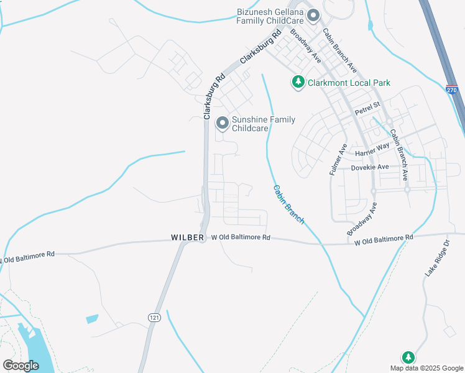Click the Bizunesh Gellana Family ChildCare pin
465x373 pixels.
[x=313, y=15]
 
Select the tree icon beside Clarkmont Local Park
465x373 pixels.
[x=298, y=82]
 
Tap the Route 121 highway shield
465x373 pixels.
[x=154, y=317]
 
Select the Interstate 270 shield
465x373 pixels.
[x=451, y=90]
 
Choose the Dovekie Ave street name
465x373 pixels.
[x=369, y=167]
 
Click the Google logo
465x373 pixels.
[x=21, y=366]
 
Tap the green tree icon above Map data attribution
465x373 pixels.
[x=408, y=357]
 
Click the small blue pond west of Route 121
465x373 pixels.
[x=92, y=319]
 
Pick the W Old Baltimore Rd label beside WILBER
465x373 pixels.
[x=241, y=237]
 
